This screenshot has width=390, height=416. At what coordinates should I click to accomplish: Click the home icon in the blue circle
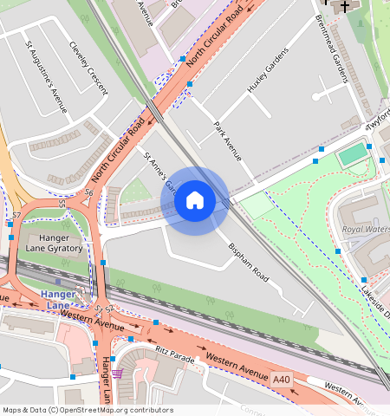tap(195, 201)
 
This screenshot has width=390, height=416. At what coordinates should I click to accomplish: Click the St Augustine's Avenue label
tap(46, 77)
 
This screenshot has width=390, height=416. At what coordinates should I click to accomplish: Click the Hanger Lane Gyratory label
tap(54, 243)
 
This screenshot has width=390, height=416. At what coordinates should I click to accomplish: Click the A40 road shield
tap(281, 380)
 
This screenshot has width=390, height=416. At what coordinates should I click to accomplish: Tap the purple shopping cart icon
tap(117, 374)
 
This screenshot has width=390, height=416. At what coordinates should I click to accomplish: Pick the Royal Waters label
tap(365, 230)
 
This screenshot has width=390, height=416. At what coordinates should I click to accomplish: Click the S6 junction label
tap(88, 193)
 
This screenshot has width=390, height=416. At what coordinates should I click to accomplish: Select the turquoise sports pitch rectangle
tap(352, 155)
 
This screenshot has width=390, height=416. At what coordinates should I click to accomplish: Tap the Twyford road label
tap(378, 122)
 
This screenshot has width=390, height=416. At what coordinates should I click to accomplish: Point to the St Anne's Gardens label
tap(159, 171)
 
